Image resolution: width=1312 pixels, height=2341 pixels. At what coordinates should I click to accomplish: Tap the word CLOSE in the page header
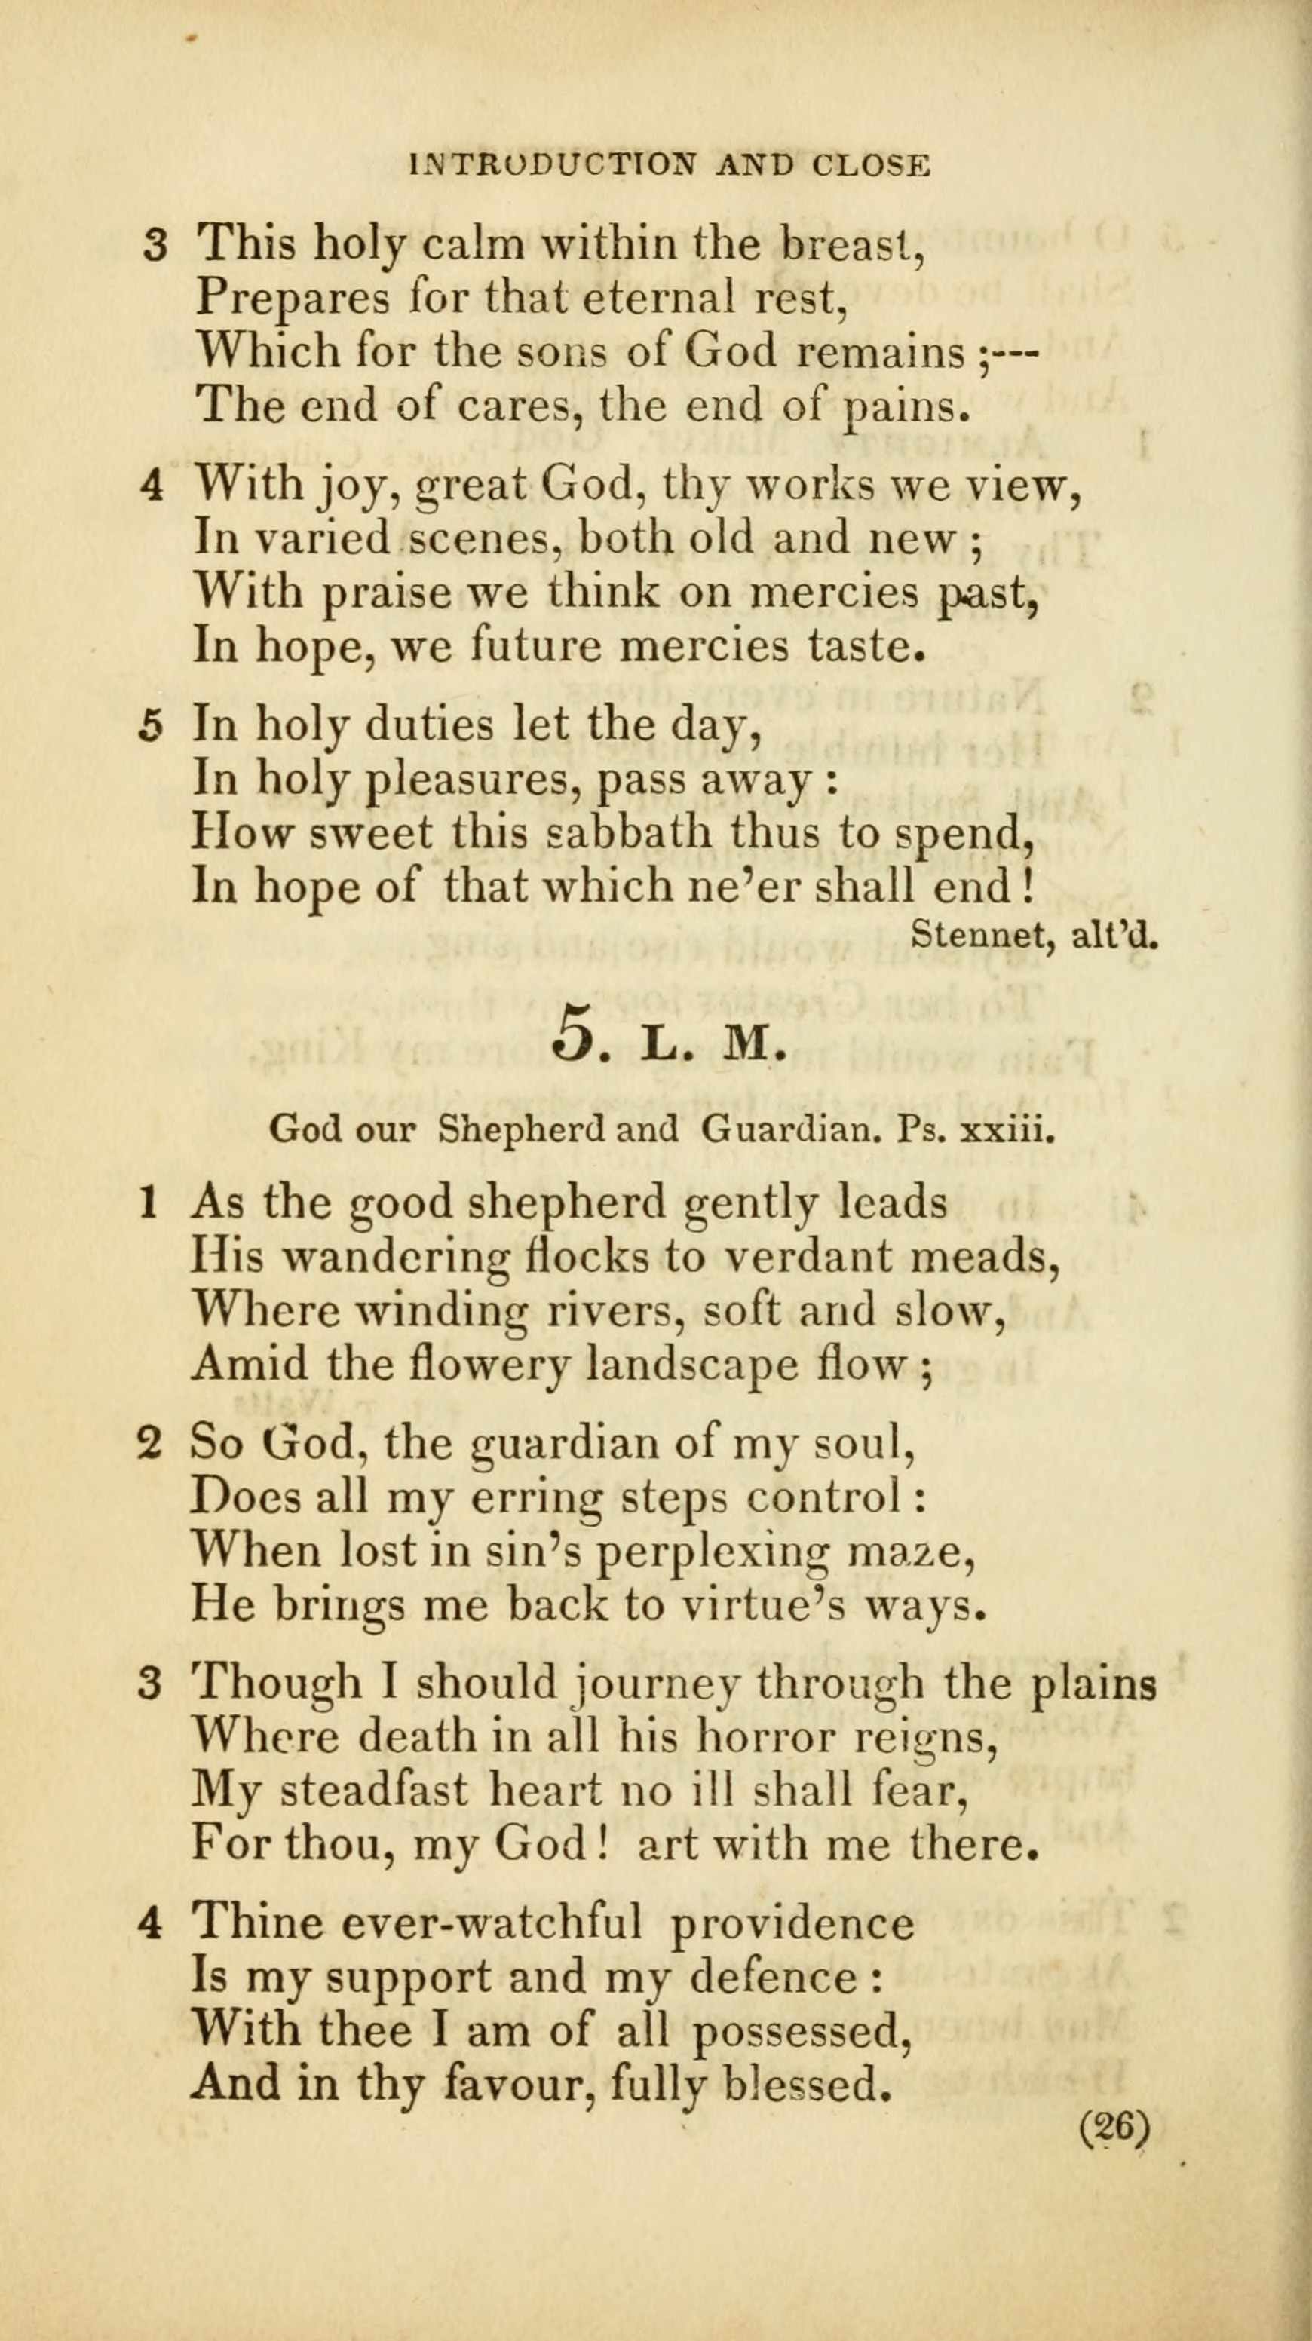coord(872,164)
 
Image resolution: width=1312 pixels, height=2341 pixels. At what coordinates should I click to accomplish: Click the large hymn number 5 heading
coord(572,1032)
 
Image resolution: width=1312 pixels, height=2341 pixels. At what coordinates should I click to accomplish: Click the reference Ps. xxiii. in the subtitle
coord(974,1129)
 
